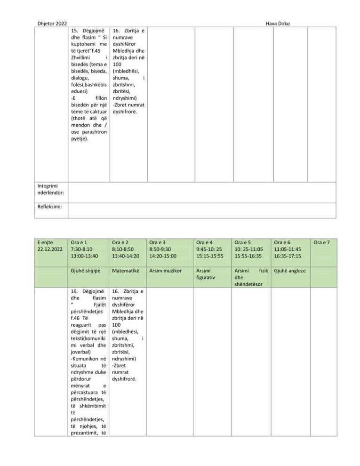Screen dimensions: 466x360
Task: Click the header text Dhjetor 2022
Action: (52, 24)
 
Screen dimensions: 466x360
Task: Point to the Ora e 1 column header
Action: (78, 242)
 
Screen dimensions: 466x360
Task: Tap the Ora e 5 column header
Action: (243, 242)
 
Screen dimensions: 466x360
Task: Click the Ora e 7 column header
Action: (322, 242)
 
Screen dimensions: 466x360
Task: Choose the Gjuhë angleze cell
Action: (290, 271)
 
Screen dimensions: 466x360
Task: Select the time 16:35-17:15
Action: (288, 256)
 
